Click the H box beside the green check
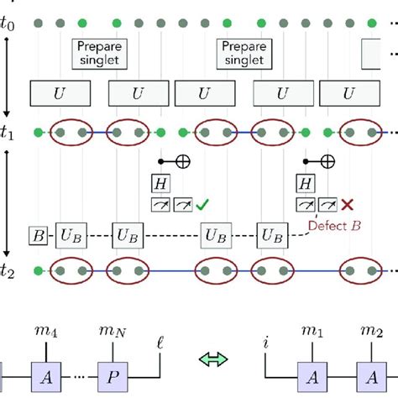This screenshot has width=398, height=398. point(160,183)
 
